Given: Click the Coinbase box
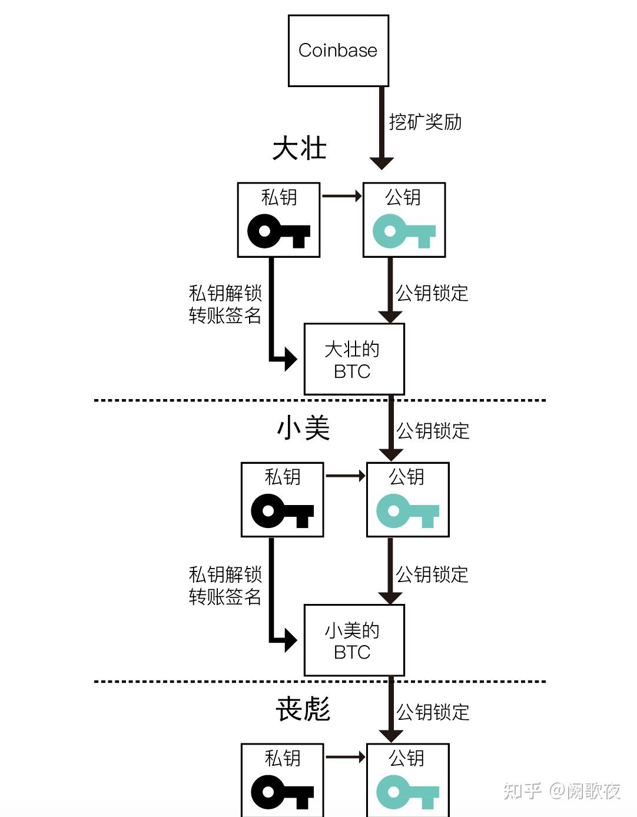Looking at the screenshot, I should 338,51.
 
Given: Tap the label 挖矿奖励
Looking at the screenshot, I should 425,122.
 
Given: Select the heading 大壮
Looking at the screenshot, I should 299,148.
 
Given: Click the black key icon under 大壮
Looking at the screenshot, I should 278,231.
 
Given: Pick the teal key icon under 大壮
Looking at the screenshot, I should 404,231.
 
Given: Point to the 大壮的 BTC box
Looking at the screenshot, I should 354,359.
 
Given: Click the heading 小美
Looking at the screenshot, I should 303,428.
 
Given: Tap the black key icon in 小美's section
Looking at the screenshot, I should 282,512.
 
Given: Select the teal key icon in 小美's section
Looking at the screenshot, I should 407,512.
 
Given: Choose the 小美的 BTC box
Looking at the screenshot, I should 354,640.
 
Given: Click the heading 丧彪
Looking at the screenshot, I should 303,709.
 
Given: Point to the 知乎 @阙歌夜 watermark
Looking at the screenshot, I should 562,791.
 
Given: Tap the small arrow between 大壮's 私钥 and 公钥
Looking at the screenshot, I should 342,196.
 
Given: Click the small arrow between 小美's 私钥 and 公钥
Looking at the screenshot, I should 346,476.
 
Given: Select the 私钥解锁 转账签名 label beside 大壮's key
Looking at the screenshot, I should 225,304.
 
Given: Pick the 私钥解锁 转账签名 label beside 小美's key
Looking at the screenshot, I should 225,585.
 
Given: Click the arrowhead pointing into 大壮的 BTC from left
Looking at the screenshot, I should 290,358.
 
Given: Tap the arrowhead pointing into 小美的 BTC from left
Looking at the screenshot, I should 290,640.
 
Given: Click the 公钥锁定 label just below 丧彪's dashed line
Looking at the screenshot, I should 433,712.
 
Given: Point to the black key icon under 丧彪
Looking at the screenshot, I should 282,792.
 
